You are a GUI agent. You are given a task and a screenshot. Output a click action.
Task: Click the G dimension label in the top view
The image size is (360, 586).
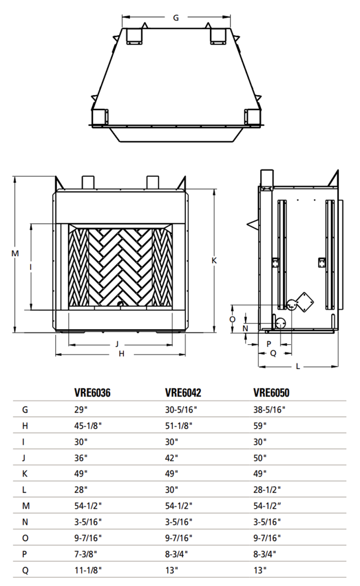click(176, 18)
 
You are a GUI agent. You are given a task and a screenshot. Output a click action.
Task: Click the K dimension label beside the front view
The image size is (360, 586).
click(214, 261)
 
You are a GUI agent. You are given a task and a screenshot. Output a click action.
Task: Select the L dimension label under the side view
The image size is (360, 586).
click(297, 366)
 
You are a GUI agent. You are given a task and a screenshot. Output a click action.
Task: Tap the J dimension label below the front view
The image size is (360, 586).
click(117, 344)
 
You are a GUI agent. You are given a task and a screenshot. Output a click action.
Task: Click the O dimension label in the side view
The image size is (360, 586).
click(233, 319)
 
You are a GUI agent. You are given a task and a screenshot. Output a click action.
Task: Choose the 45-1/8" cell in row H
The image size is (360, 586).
click(88, 426)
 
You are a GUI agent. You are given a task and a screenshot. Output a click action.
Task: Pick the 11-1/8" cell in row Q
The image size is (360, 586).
click(88, 569)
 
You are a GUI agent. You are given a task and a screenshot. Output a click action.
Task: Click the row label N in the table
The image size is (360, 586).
click(25, 522)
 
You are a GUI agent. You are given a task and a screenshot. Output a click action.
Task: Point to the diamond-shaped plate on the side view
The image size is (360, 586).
click(306, 301)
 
